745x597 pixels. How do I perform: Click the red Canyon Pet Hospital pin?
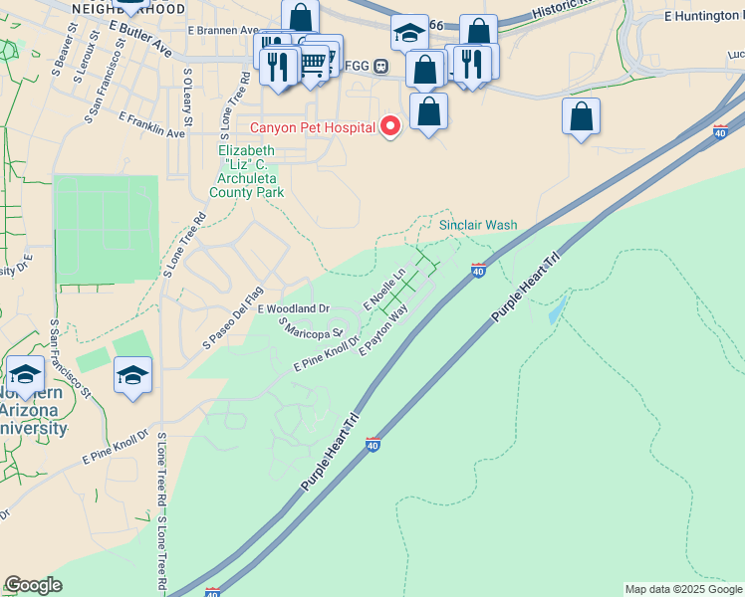[390, 126]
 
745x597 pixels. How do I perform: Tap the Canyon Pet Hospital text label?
[312, 127]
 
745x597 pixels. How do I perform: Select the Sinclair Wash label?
[478, 225]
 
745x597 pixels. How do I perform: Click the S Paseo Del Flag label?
[232, 316]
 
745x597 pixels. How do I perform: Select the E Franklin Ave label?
[151, 124]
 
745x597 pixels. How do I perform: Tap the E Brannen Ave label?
[222, 31]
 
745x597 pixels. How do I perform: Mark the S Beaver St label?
[66, 47]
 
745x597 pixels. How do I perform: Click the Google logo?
[33, 585]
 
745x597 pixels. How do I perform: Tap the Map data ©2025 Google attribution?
[682, 589]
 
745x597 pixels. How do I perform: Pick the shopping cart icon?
[313, 63]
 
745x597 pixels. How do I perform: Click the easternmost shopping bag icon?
[581, 116]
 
